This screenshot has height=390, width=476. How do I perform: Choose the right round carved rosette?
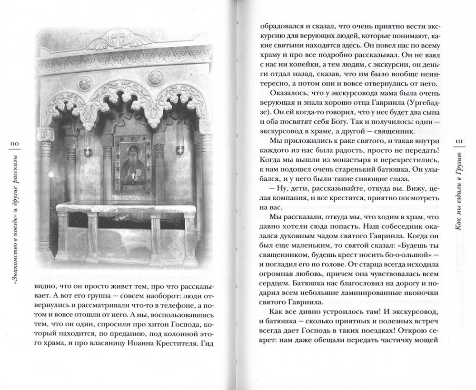[155, 77]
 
